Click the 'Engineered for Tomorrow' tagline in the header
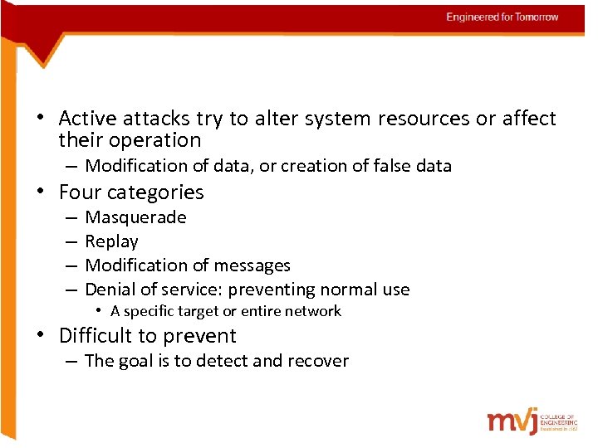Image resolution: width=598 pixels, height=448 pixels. coord(502,17)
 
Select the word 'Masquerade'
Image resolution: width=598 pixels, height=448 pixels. coord(135,217)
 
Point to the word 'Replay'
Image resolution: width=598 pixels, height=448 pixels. coord(111,241)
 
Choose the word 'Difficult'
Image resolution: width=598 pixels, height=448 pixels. coord(96,336)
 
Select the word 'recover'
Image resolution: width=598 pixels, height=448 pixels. coord(317,361)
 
